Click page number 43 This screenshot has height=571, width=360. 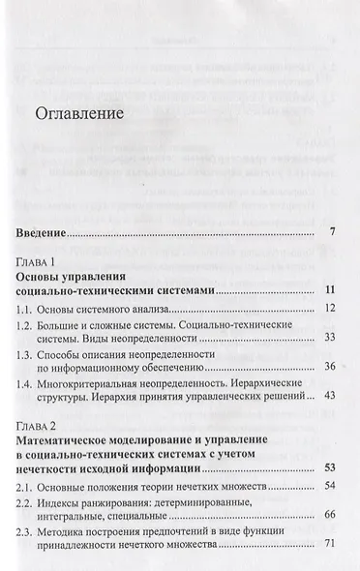[330, 396]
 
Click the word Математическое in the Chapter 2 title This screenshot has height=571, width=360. [73, 439]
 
